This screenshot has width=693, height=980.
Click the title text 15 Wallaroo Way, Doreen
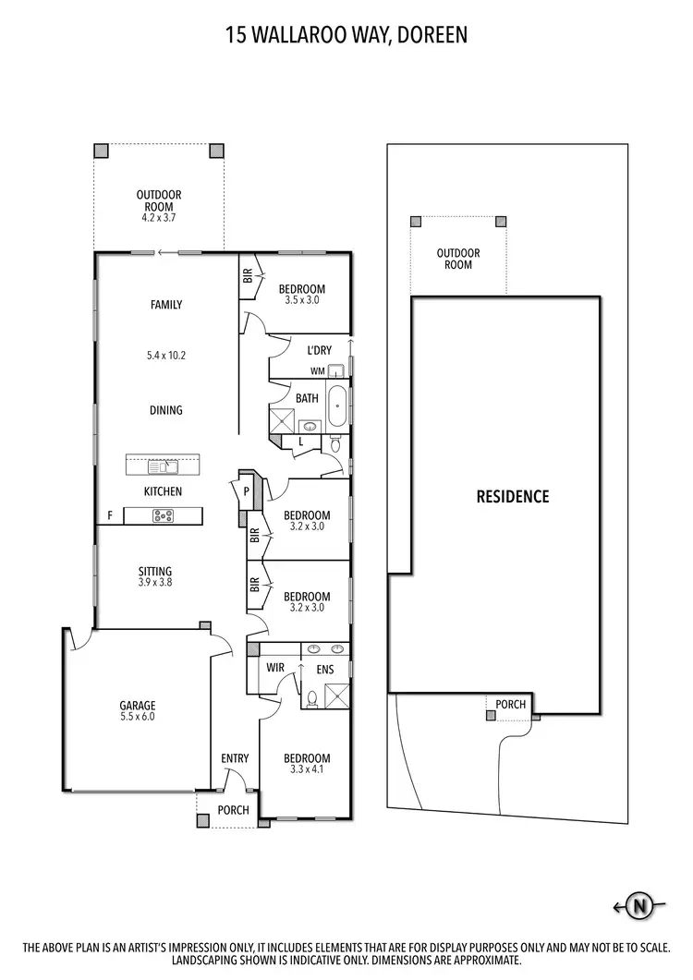point(346,36)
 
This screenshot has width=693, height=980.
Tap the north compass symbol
point(638,906)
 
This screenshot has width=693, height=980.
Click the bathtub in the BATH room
point(336,406)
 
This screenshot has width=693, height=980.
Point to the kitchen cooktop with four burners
point(164,515)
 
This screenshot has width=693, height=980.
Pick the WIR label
point(274,666)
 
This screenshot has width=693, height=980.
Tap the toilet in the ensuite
point(312,698)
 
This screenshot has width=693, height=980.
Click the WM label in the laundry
point(317,371)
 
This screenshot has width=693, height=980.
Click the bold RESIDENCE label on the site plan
point(512,497)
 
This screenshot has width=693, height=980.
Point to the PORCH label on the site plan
point(510,705)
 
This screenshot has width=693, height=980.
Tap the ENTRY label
point(235,759)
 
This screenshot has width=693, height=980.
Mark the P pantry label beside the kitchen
point(247,491)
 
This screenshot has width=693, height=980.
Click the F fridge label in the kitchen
point(110,515)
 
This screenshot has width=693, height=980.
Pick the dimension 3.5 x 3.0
point(302,300)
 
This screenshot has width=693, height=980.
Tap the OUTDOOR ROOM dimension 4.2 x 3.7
point(159,218)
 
